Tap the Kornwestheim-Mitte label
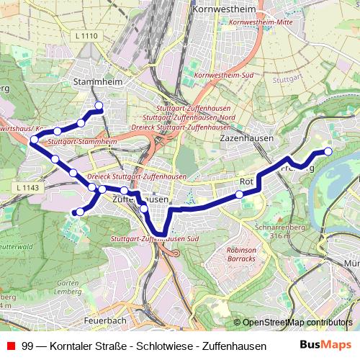(258, 22)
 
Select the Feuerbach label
(105, 320)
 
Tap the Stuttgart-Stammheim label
(85, 143)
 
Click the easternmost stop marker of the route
(328, 151)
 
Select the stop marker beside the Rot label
(239, 194)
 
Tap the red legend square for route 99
(9, 346)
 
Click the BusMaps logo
(325, 345)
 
